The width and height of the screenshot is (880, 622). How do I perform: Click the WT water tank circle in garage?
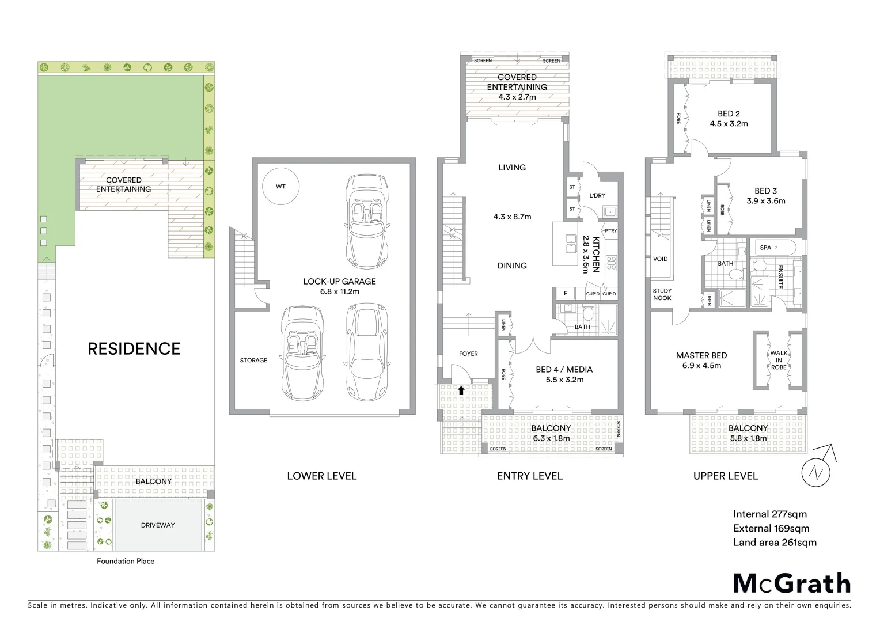(x=280, y=187)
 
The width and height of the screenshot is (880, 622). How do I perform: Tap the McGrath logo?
(x=791, y=583)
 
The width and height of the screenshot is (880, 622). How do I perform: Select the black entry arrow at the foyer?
(x=461, y=390)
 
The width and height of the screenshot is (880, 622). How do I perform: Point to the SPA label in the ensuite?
(x=765, y=248)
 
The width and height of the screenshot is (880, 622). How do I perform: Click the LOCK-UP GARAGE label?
(x=339, y=282)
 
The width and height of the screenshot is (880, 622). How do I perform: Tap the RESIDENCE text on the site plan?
(x=134, y=348)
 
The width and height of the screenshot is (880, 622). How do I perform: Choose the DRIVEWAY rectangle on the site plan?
(x=158, y=525)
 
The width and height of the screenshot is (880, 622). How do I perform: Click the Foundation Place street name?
(x=126, y=561)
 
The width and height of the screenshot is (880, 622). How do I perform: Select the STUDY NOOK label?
(x=662, y=294)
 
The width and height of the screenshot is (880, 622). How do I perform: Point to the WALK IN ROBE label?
(x=779, y=360)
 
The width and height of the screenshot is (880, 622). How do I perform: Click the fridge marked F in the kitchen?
(x=566, y=294)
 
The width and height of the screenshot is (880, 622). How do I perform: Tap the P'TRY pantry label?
(x=610, y=231)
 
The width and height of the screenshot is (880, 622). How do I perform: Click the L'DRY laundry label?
(x=597, y=195)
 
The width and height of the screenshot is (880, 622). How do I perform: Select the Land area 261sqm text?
(x=775, y=542)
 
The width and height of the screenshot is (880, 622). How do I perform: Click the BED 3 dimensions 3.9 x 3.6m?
(x=766, y=201)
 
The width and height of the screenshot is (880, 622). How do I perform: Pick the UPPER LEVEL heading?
(x=725, y=476)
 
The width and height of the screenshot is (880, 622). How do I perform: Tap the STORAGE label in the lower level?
(x=253, y=361)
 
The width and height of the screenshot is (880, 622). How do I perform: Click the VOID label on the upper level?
(x=661, y=259)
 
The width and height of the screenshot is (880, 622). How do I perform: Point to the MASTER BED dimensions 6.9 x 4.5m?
(x=701, y=365)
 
